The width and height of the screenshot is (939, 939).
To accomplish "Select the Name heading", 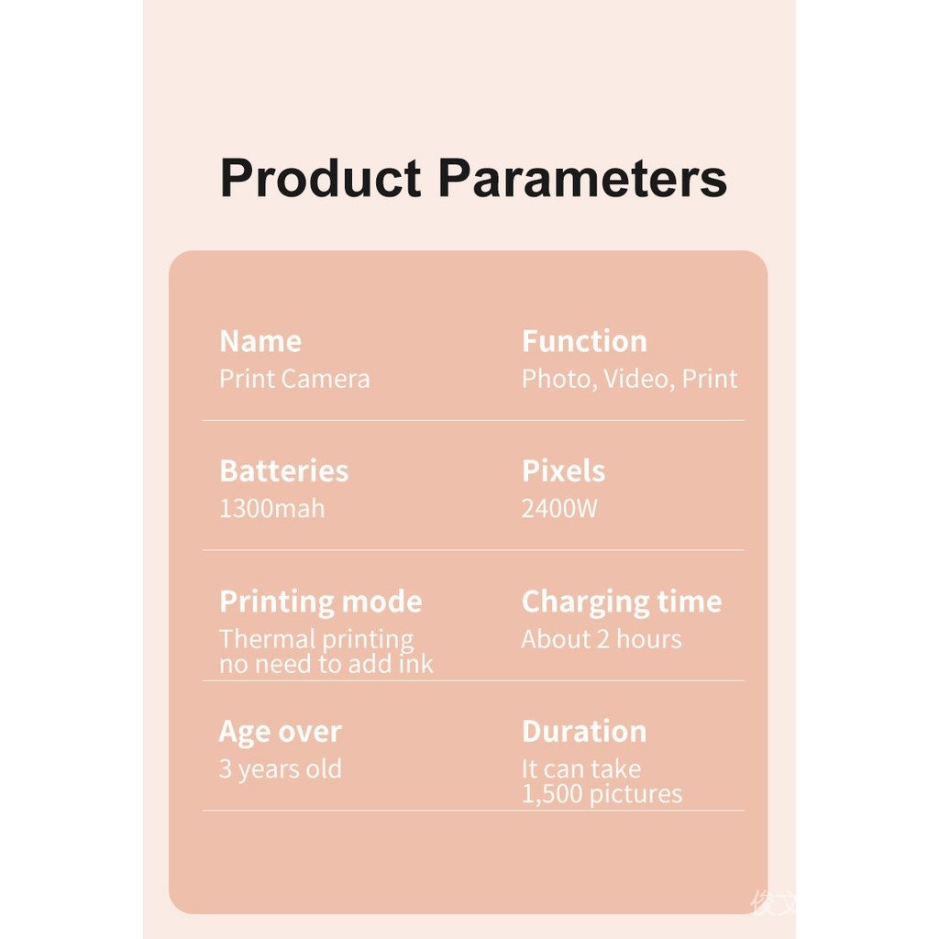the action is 260,341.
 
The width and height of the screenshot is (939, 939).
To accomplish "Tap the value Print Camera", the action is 294,379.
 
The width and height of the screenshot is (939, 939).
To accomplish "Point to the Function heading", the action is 584,341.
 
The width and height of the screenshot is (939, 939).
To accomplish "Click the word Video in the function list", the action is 636,379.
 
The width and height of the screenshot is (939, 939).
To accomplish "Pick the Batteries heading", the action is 284,470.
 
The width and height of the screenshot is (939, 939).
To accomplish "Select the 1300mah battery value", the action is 271,508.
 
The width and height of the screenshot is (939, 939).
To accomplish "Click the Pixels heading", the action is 564,470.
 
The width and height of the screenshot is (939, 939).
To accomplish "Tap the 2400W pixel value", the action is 559,508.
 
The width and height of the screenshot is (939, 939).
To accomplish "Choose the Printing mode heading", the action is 321,602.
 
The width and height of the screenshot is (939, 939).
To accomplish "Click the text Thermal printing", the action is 316,639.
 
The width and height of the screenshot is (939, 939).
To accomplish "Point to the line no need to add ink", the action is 326,664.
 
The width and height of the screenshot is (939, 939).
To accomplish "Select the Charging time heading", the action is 622,602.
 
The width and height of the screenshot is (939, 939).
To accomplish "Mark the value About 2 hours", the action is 602,639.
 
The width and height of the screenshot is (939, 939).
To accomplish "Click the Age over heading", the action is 281,732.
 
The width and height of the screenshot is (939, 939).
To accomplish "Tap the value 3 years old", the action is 281,769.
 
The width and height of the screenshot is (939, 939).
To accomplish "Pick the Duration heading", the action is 584,731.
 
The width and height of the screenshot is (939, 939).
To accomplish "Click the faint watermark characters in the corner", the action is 774,903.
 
